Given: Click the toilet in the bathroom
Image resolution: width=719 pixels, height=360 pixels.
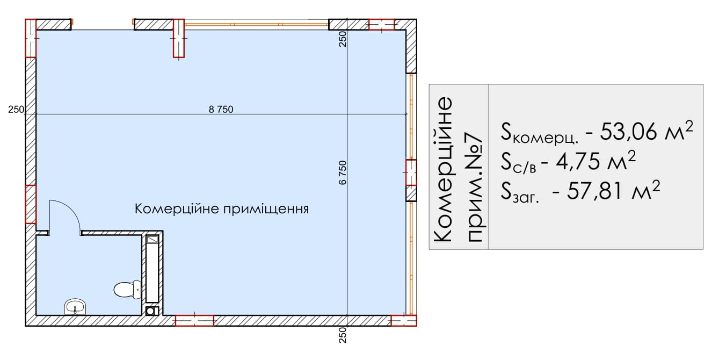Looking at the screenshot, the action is (128, 290).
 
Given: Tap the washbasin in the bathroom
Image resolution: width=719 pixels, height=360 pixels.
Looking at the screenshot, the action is (75, 307).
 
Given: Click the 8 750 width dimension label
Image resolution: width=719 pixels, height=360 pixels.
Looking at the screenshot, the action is (221, 110).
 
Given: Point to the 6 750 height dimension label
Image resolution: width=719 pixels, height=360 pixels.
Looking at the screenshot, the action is (343, 173).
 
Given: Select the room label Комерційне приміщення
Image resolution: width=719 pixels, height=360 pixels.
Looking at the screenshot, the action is (221, 209).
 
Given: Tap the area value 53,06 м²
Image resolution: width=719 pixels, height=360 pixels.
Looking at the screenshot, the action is (646, 131).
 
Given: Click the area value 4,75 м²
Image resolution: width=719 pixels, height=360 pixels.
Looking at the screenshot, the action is (595, 161).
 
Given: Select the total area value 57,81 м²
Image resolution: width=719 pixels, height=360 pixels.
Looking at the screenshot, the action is (613, 191).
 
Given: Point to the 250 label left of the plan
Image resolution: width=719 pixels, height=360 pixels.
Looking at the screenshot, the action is (16, 110).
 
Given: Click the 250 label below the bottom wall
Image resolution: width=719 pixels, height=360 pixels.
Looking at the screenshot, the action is (343, 335).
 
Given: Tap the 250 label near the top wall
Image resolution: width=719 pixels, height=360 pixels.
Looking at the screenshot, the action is (343, 39).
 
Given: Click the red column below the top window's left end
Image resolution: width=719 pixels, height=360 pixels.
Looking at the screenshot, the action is (179, 38).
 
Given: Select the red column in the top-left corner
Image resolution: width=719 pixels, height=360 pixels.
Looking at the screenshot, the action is (31, 38).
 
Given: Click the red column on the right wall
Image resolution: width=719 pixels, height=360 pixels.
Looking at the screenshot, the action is (411, 172).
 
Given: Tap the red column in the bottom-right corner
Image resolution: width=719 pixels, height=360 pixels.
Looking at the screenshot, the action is (404, 320).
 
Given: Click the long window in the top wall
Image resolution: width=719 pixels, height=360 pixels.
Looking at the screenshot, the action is (257, 24).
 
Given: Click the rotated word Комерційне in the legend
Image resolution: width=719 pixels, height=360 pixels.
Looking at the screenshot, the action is (442, 169).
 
